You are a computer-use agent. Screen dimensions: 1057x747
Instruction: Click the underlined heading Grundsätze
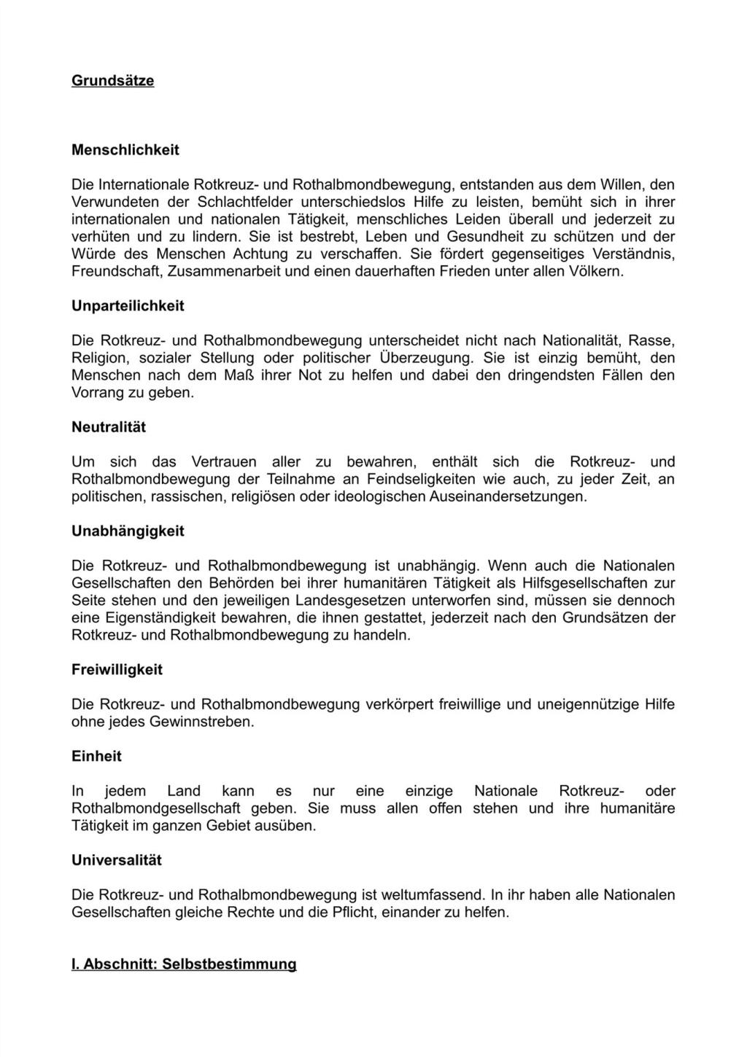pyautogui.click(x=112, y=81)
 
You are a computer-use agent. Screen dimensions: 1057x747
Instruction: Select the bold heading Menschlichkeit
pyautogui.click(x=125, y=150)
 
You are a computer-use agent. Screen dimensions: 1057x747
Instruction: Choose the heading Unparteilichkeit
pyautogui.click(x=128, y=306)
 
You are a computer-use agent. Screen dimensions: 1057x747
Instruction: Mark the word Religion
pyautogui.click(x=97, y=358)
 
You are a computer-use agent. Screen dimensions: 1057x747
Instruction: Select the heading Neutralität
pyautogui.click(x=109, y=427)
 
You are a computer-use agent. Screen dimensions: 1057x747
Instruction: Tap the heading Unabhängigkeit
pyautogui.click(x=128, y=531)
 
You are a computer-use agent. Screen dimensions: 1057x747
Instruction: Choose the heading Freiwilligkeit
pyautogui.click(x=117, y=670)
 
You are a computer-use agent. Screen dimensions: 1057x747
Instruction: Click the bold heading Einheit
pyautogui.click(x=96, y=757)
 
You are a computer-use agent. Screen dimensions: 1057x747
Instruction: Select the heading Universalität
pyautogui.click(x=117, y=860)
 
